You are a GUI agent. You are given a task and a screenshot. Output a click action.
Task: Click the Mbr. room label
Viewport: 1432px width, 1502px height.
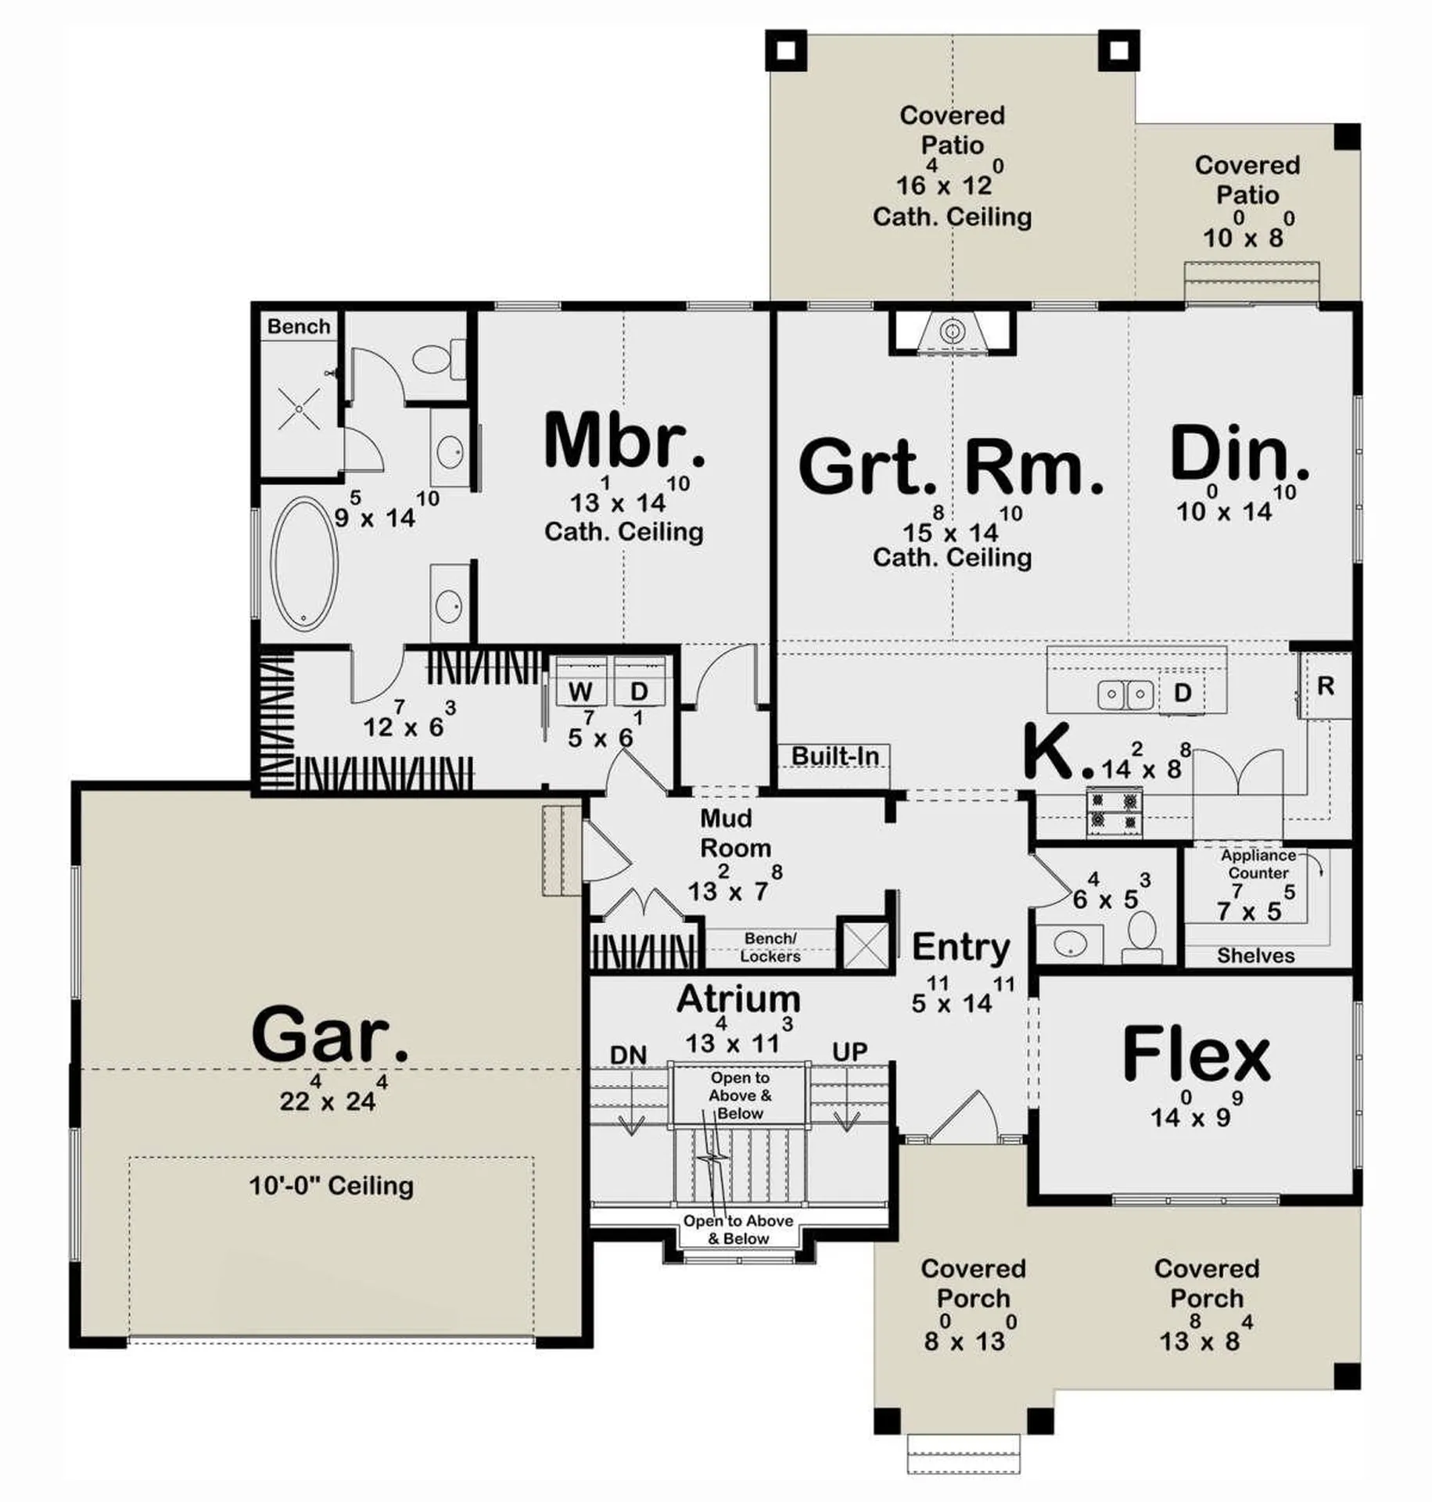click(623, 441)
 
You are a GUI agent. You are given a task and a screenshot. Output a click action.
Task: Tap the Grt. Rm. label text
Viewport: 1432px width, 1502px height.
click(950, 467)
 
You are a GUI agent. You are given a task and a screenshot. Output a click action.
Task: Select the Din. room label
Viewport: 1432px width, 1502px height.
click(1238, 453)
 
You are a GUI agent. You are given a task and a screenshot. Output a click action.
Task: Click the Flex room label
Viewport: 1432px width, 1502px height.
click(1196, 1055)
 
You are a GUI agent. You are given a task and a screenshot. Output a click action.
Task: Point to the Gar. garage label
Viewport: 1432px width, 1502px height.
click(329, 1034)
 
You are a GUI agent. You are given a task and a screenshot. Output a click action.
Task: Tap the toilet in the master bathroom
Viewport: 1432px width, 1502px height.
click(432, 360)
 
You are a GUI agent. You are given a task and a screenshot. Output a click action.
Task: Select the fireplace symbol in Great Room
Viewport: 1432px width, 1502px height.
click(951, 332)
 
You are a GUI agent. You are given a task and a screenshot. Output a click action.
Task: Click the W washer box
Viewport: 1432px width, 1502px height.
click(580, 692)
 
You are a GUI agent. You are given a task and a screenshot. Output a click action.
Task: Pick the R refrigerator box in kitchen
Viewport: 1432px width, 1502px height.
click(1325, 686)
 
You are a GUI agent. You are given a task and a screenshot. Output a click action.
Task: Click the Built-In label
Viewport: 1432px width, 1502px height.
click(834, 756)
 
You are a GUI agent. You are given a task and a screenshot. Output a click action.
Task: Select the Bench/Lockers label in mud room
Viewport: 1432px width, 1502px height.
click(770, 947)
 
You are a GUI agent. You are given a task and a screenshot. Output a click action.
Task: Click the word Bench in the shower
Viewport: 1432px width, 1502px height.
click(298, 326)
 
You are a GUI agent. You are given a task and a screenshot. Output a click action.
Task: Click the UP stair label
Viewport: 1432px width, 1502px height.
click(849, 1052)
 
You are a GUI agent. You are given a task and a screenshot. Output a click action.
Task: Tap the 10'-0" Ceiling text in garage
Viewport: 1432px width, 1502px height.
click(331, 1186)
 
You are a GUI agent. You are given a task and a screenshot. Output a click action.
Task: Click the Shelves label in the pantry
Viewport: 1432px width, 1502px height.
click(1255, 955)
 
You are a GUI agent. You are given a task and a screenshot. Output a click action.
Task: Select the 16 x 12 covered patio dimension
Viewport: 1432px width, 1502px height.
click(944, 185)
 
